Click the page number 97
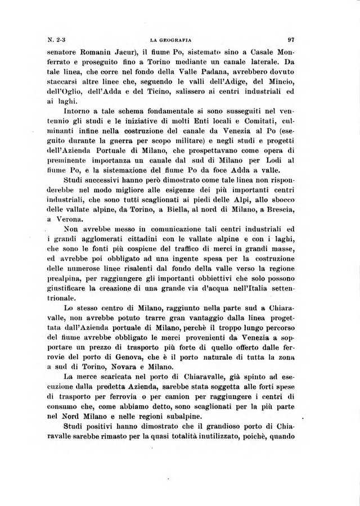[291, 40]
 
